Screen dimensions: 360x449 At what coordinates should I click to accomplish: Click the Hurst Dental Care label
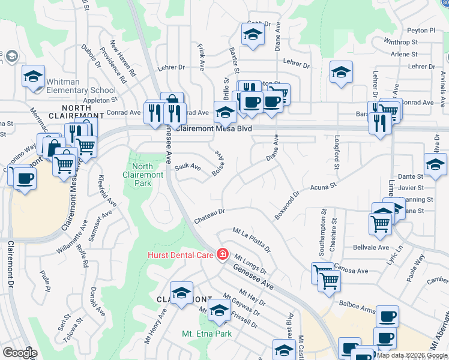click(181, 255)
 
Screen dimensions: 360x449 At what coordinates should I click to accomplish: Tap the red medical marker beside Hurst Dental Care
click(223, 254)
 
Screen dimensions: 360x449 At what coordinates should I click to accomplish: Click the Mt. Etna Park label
click(206, 333)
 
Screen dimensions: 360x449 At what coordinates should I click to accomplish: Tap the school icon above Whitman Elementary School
click(34, 76)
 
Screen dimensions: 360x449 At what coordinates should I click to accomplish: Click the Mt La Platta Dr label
click(252, 239)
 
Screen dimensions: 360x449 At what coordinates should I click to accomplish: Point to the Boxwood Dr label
click(287, 206)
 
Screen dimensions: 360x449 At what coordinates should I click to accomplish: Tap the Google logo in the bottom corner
click(19, 352)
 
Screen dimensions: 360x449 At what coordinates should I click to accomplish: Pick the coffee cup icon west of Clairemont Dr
click(25, 179)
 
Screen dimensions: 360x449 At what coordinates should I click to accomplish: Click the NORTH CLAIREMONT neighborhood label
click(67, 106)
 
